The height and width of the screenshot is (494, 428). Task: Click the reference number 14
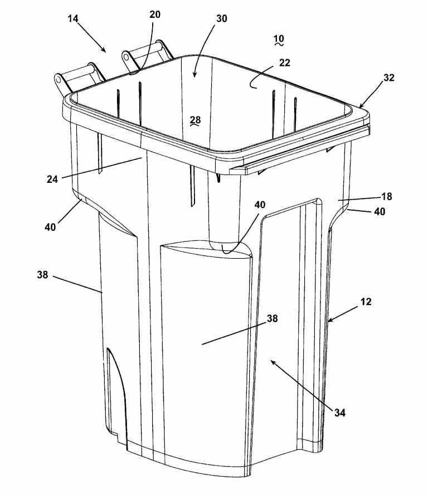pos(73,18)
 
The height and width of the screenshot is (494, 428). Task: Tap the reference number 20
pos(154,14)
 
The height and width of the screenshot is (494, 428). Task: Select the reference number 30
pos(221,18)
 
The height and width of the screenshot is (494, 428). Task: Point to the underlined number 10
pos(279,39)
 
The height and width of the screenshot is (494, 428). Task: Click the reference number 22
pos(284,62)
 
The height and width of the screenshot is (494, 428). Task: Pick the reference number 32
pos(389,78)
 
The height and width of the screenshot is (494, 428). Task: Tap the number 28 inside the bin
pos(195,120)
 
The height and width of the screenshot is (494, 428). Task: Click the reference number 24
pos(52,180)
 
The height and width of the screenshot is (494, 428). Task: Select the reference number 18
pos(387,197)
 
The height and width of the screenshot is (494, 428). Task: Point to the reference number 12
pos(366,302)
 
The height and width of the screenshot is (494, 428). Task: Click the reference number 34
pos(340,413)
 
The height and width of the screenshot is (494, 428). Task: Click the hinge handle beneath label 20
pos(147,55)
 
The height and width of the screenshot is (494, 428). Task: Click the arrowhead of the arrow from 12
pos(330,321)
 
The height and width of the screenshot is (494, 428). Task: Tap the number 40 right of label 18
pos(380,211)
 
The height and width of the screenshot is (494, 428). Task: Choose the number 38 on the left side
pos(42,275)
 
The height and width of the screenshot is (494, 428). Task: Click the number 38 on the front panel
pos(273,318)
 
